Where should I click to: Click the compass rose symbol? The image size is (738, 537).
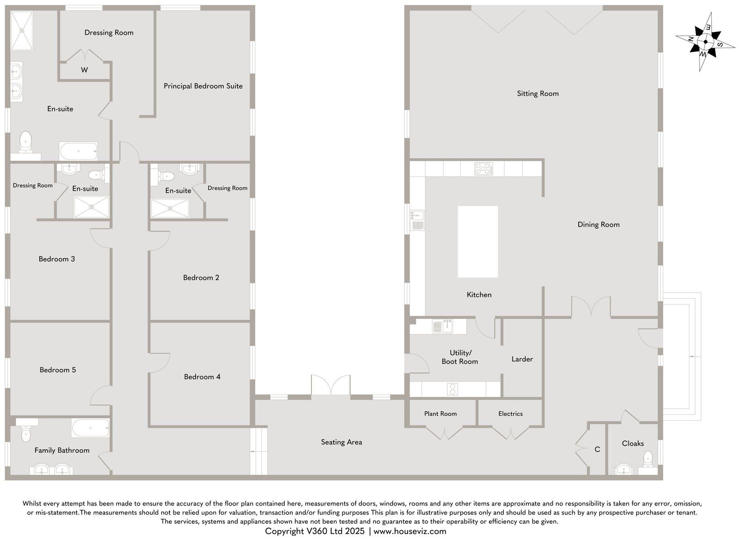pyautogui.click(x=705, y=42)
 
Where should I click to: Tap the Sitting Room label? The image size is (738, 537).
pyautogui.click(x=537, y=93)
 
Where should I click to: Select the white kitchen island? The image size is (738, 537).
pyautogui.click(x=478, y=242)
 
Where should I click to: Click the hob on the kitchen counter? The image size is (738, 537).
pyautogui.click(x=483, y=168)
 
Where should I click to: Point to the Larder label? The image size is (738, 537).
pyautogui.click(x=522, y=359)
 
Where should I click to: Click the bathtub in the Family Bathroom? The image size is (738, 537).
pyautogui.click(x=90, y=428)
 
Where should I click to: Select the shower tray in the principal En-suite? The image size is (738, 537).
pyautogui.click(x=21, y=30)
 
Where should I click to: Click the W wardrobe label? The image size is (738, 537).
pyautogui.click(x=84, y=70)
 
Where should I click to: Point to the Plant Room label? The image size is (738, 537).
pyautogui.click(x=440, y=414)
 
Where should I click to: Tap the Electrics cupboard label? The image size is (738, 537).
pyautogui.click(x=510, y=414)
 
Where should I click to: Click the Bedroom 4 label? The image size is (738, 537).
pyautogui.click(x=202, y=377)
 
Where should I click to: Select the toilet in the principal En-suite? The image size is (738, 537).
pyautogui.click(x=26, y=141)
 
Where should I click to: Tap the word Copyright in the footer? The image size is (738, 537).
pyautogui.click(x=284, y=531)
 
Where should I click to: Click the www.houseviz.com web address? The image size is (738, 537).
pyautogui.click(x=410, y=531)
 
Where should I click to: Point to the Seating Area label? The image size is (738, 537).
pyautogui.click(x=341, y=442)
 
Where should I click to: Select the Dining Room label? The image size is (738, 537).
pyautogui.click(x=598, y=225)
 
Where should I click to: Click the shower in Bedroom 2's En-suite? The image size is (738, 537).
pyautogui.click(x=170, y=208)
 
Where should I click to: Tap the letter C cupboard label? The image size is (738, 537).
pyautogui.click(x=597, y=449)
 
